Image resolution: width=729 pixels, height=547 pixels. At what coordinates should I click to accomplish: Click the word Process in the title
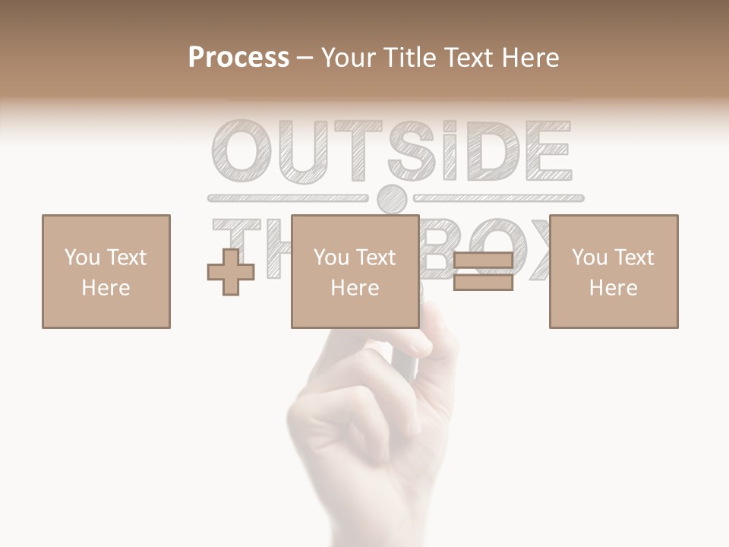coord(238,58)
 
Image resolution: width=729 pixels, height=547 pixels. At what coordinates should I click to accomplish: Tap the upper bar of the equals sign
coord(483,261)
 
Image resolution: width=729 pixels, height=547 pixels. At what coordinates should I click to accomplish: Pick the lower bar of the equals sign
coord(483,282)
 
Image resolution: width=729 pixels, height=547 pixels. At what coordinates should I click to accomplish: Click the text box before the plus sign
coord(106,271)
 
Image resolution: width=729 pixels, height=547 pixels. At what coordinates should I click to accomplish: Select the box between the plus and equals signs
coord(355,271)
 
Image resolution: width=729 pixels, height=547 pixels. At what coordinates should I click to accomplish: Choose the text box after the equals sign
coord(613,271)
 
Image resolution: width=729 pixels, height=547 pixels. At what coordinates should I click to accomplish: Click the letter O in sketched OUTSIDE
coord(241,150)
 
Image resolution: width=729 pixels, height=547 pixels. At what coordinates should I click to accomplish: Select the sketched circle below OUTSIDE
coord(392,199)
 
